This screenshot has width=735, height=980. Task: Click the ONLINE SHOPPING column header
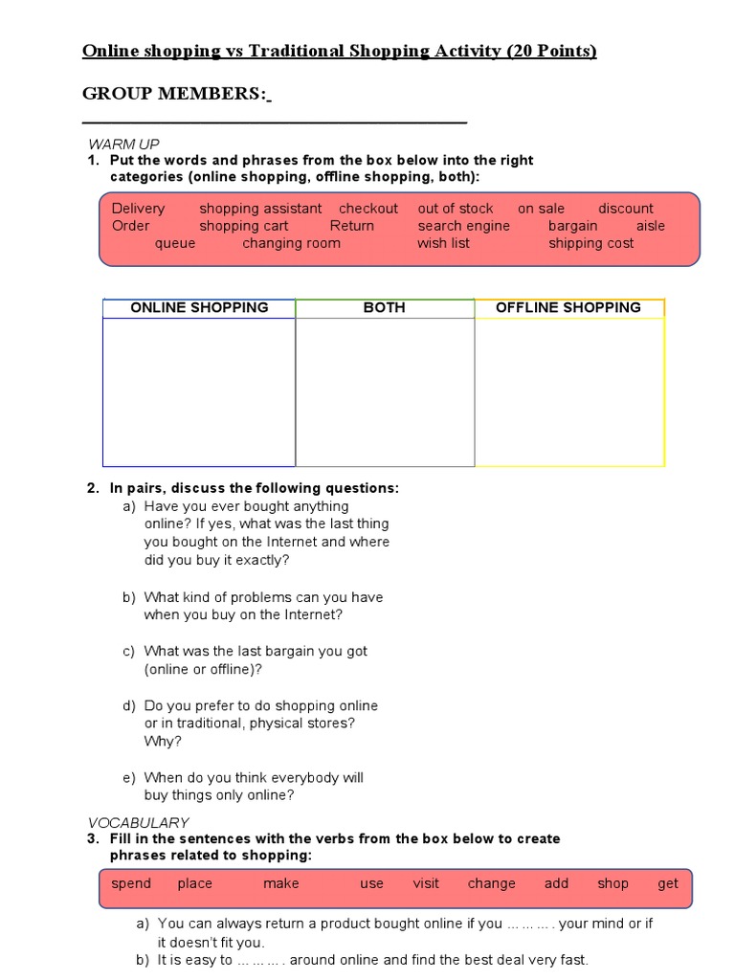click(199, 307)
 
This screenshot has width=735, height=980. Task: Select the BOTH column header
click(384, 307)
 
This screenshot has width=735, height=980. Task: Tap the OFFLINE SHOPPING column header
click(568, 307)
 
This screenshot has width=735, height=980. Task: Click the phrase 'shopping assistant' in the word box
click(260, 208)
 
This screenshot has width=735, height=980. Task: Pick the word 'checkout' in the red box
click(368, 208)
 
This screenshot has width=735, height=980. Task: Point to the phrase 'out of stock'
click(456, 208)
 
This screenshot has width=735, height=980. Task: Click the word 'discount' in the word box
click(626, 208)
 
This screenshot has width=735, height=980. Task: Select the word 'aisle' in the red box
click(651, 226)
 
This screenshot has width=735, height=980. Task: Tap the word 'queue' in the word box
click(175, 243)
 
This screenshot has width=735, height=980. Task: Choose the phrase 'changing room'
click(291, 243)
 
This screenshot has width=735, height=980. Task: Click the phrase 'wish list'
click(444, 243)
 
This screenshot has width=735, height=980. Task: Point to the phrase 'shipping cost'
click(591, 243)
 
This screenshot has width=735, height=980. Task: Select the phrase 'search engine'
click(464, 226)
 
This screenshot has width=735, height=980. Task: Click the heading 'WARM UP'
click(123, 144)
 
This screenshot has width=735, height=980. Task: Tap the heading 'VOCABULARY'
click(139, 822)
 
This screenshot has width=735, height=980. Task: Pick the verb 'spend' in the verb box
click(131, 883)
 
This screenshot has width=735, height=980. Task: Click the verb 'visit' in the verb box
click(426, 883)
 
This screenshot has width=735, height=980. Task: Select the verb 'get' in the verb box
click(668, 883)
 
